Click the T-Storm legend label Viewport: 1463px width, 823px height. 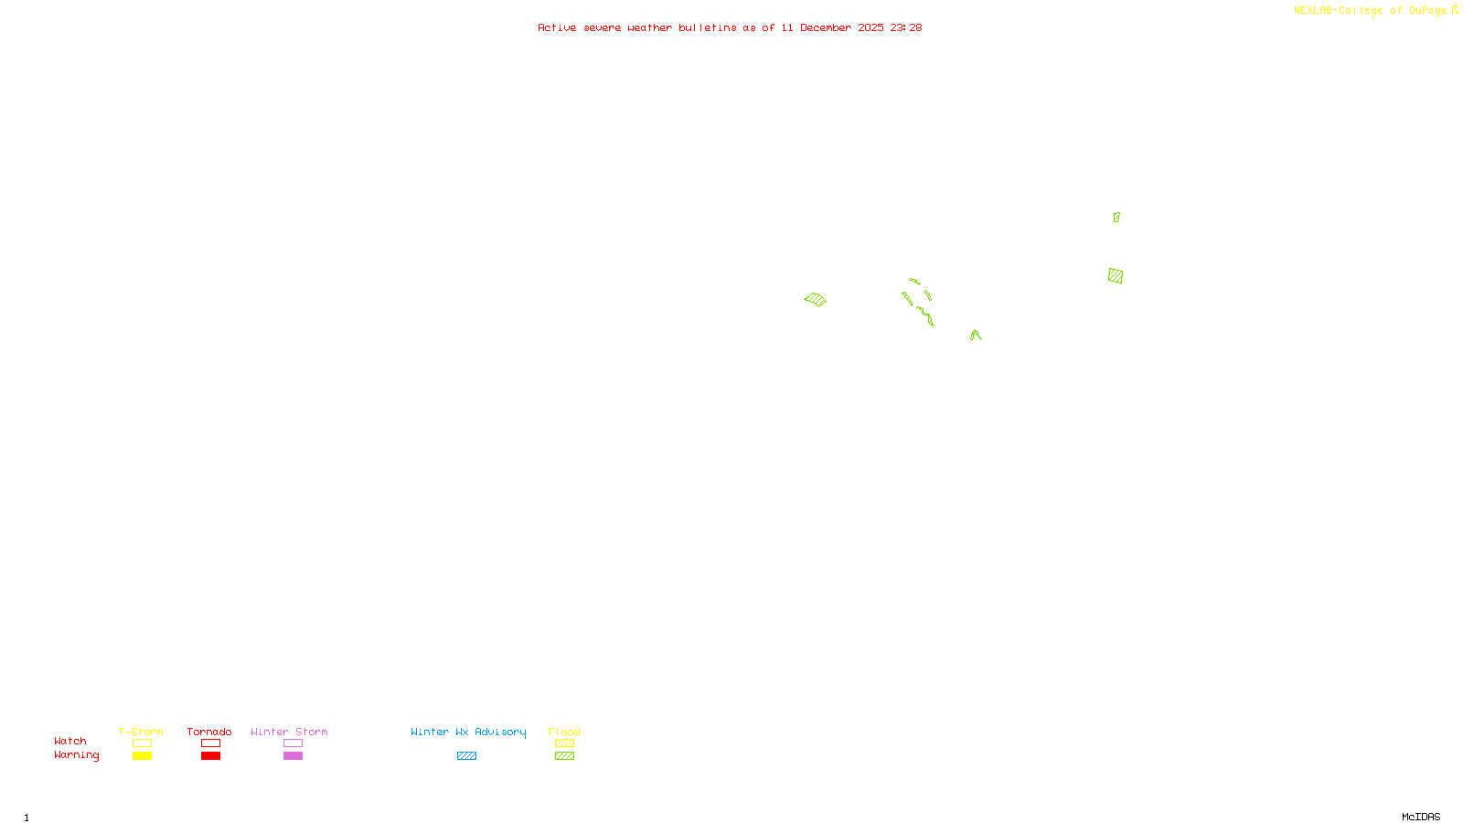141,732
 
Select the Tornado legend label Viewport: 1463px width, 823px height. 209,732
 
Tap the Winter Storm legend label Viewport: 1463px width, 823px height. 289,732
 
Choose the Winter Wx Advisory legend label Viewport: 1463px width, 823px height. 468,732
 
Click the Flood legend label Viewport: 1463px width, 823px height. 564,732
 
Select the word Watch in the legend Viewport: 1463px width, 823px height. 70,741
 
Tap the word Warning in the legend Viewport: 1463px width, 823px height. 76,755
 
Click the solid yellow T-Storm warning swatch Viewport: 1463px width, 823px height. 142,756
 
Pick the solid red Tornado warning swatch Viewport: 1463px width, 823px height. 210,756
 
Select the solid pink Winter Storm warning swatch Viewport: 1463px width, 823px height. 293,756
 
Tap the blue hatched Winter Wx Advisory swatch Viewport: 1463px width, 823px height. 466,756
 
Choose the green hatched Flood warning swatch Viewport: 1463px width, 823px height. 564,756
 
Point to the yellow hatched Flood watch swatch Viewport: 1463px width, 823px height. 564,743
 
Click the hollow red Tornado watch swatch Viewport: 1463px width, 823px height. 210,743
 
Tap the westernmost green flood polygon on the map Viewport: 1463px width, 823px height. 815,299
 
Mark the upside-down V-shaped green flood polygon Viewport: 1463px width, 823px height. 976,336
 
